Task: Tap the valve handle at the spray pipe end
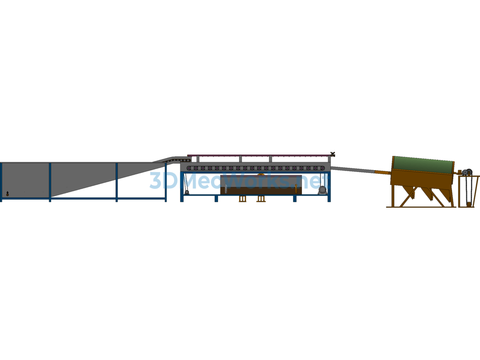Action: pos(333,154)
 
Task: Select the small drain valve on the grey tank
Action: pos(7,194)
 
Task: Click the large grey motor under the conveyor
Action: pos(322,190)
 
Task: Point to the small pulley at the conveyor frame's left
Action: pos(187,192)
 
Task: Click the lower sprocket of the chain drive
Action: pos(468,204)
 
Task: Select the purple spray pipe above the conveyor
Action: pos(259,156)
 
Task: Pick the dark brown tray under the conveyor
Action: pos(261,185)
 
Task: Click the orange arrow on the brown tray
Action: pos(296,188)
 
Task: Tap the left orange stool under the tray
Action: pos(242,199)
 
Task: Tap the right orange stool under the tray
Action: pos(261,199)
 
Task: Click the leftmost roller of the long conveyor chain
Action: pos(189,168)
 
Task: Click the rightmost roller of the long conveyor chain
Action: pos(322,168)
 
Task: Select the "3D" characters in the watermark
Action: pos(164,180)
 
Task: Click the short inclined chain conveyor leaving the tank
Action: pos(172,159)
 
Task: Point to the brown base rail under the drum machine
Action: pos(421,207)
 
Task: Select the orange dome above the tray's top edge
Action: pos(261,174)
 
